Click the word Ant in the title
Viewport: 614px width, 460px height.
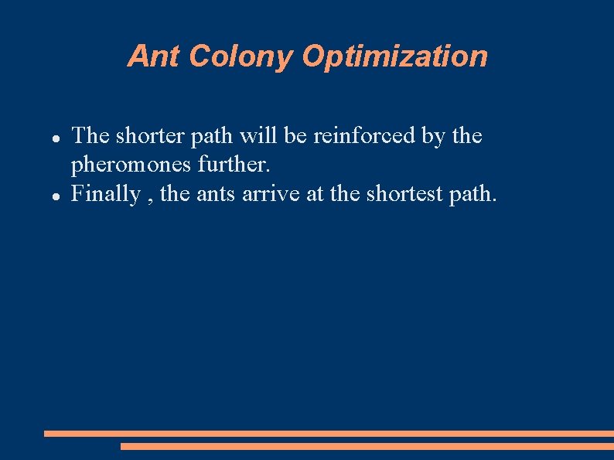154,56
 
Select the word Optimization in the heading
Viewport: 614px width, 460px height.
394,56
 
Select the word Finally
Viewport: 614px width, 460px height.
105,193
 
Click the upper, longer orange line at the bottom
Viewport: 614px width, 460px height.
329,434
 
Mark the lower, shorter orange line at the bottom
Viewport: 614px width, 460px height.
367,446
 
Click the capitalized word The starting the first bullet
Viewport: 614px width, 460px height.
90,136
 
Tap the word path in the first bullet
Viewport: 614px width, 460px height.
209,137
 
